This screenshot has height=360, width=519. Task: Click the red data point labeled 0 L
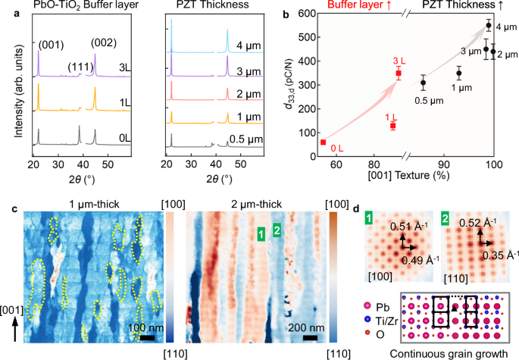point(323,142)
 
